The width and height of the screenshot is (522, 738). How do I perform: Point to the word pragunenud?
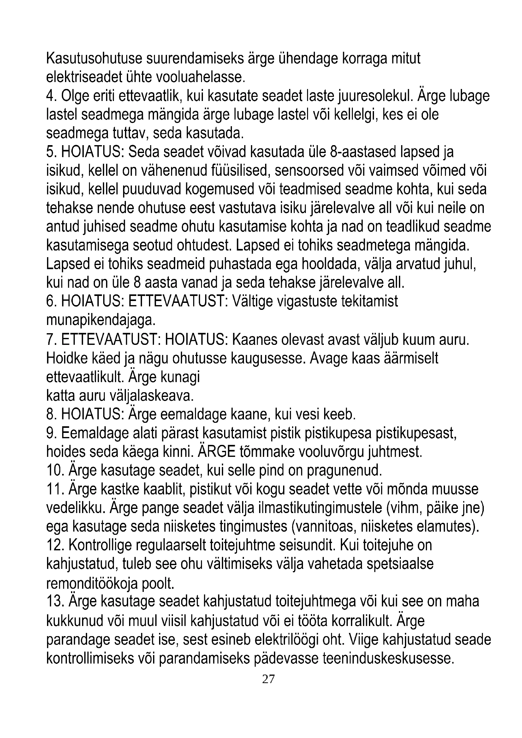[x=345, y=471]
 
